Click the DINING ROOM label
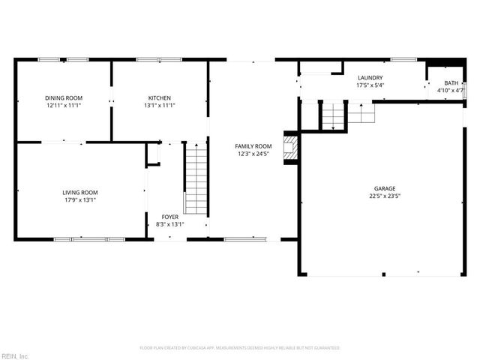[64, 98]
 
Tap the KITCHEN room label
[159, 98]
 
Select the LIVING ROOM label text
[80, 193]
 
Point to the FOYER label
[170, 217]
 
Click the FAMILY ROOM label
[253, 146]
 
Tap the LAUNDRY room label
[370, 78]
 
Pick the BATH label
[450, 83]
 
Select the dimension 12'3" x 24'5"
[253, 154]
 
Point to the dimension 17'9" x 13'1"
[80, 200]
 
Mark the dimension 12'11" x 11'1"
[64, 106]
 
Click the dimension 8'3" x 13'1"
[170, 224]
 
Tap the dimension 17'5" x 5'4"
[370, 85]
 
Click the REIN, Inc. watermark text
[15, 355]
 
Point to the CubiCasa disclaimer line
[240, 348]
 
